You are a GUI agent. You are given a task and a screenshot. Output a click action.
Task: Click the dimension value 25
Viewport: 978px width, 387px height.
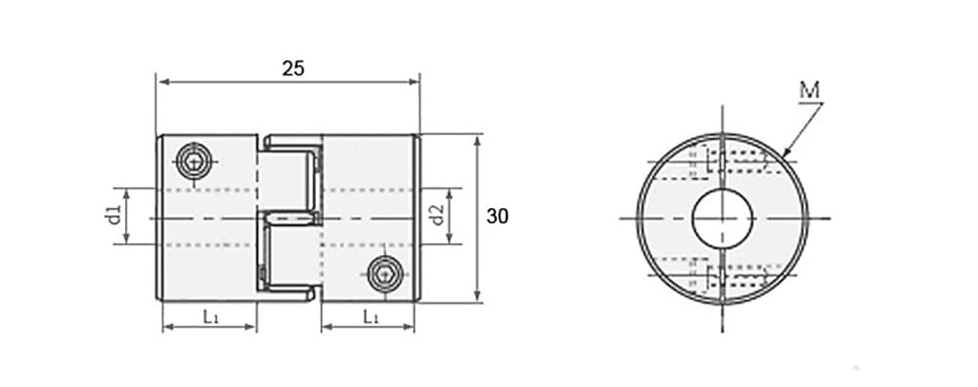[x=293, y=68]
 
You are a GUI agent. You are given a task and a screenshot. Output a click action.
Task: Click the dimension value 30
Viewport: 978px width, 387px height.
[x=497, y=216]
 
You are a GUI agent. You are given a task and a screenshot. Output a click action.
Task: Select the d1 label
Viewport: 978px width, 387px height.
[x=112, y=216]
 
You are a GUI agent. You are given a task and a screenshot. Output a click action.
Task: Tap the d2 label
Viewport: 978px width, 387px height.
[x=437, y=215]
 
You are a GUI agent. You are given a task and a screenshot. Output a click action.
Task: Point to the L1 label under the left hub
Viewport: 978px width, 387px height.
[x=210, y=317]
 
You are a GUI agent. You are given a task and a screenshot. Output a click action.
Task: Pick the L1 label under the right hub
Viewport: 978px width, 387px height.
[x=371, y=317]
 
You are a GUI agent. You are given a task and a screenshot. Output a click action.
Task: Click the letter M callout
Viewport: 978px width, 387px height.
[x=810, y=91]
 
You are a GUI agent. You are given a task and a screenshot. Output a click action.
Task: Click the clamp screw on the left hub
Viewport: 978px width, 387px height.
[x=194, y=161]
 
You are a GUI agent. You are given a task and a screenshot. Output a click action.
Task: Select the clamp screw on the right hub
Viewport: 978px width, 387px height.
[x=384, y=274]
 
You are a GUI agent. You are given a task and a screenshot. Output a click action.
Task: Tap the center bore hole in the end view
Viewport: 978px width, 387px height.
[x=723, y=218]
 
